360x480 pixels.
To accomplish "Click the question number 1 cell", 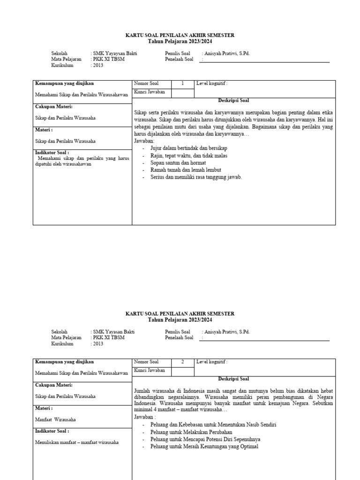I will (x=182, y=84).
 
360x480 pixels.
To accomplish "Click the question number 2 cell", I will (x=182, y=362).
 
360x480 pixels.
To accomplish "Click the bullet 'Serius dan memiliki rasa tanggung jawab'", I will (x=196, y=177).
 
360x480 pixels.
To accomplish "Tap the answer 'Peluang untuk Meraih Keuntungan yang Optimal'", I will (x=204, y=447).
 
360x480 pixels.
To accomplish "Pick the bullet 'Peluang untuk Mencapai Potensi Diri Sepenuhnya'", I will (x=205, y=439).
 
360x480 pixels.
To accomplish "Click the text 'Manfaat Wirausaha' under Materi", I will (x=55, y=420).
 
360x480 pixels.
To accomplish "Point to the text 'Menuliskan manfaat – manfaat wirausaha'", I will (x=77, y=442).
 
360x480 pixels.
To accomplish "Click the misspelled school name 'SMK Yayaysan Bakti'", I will (x=114, y=53).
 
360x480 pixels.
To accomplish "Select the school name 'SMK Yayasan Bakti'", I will (x=113, y=331).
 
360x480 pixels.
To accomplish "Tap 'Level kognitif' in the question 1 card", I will (x=212, y=84).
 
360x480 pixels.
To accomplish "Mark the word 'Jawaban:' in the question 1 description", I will (x=144, y=141).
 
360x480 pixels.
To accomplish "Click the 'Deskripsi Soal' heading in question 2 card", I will (x=233, y=379).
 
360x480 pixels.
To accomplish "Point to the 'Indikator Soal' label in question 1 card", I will (x=52, y=152).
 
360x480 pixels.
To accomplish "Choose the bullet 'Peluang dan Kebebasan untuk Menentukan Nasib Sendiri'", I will (x=213, y=424).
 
